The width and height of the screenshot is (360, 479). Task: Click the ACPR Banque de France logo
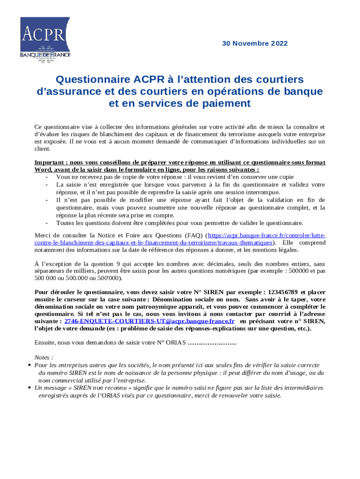(45, 40)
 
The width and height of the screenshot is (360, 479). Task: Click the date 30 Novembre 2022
(255, 44)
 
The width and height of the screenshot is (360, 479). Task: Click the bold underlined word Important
(50, 162)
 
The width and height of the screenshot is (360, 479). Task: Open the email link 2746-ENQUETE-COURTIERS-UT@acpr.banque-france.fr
(149, 321)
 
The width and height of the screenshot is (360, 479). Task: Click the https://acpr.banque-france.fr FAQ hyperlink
(266, 236)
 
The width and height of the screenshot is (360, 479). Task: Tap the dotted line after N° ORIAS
(211, 343)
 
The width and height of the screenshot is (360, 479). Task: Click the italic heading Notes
(43, 357)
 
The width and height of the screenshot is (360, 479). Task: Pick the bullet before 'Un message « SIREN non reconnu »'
(29, 388)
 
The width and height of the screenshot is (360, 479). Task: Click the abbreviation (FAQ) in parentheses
(194, 236)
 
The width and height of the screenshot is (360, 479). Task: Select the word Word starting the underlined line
(43, 169)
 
